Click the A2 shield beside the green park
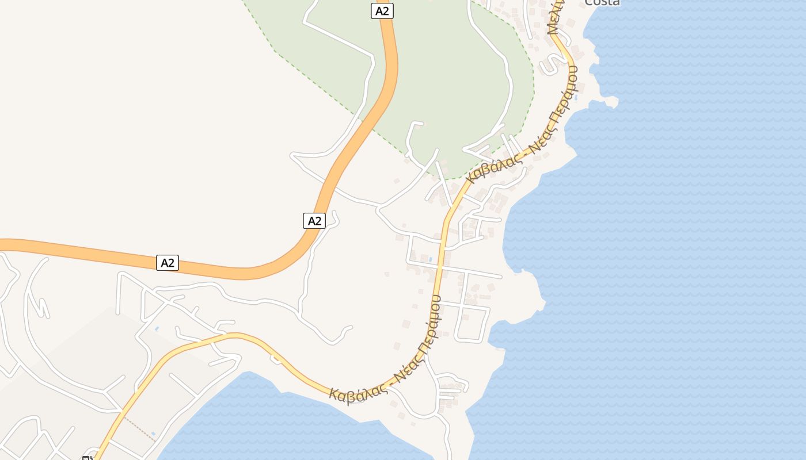382,10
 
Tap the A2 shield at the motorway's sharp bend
314,220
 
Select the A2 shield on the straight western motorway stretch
167,263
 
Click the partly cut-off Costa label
602,3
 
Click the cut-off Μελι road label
556,17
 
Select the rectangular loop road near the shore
472,323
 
